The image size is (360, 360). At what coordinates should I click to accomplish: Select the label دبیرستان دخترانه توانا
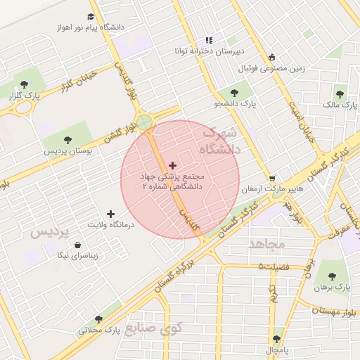coord(210,51)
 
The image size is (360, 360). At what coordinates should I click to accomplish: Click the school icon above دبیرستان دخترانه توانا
coord(208,41)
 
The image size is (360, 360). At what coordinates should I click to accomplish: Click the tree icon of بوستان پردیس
coord(67,140)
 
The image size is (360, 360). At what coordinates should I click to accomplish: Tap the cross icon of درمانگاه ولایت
coord(110,213)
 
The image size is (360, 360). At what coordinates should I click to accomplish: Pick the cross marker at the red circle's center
coord(173,165)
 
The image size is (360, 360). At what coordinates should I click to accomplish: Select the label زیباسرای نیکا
coord(83,256)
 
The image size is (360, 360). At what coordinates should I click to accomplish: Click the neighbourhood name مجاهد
coord(266,244)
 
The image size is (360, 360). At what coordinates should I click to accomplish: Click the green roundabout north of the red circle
coord(145,123)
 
